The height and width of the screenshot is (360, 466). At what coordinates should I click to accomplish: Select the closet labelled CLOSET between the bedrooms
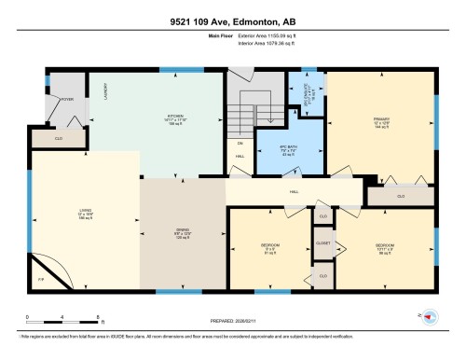point(323,241)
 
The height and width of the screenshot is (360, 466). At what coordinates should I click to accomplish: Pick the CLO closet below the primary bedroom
point(402,197)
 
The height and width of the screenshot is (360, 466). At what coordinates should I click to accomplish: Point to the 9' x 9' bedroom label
point(270,247)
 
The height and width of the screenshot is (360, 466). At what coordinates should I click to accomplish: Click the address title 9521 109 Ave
point(232,21)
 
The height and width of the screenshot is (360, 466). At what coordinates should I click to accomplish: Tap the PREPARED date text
point(232,315)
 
